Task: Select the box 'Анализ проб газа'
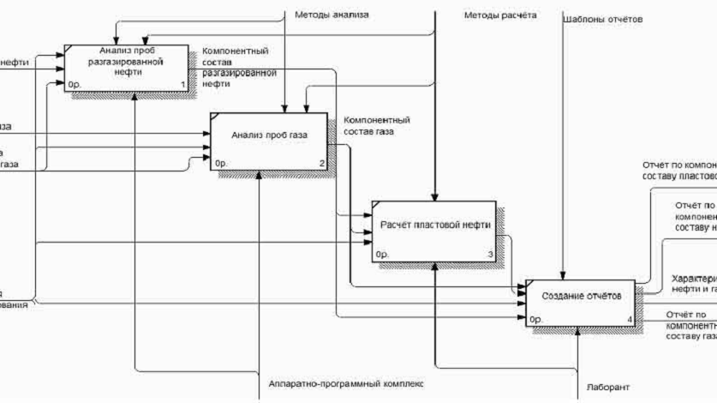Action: click(x=268, y=135)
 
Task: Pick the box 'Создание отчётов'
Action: click(x=580, y=297)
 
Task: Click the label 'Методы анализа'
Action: click(x=332, y=15)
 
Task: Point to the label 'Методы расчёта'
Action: click(x=500, y=15)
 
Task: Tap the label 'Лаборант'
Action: click(x=608, y=388)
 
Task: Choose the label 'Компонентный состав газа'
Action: click(x=376, y=125)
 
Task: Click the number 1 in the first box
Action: click(x=182, y=85)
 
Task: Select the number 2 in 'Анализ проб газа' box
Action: click(x=322, y=163)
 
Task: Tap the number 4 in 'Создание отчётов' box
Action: click(x=630, y=321)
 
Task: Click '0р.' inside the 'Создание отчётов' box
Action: click(x=537, y=321)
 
